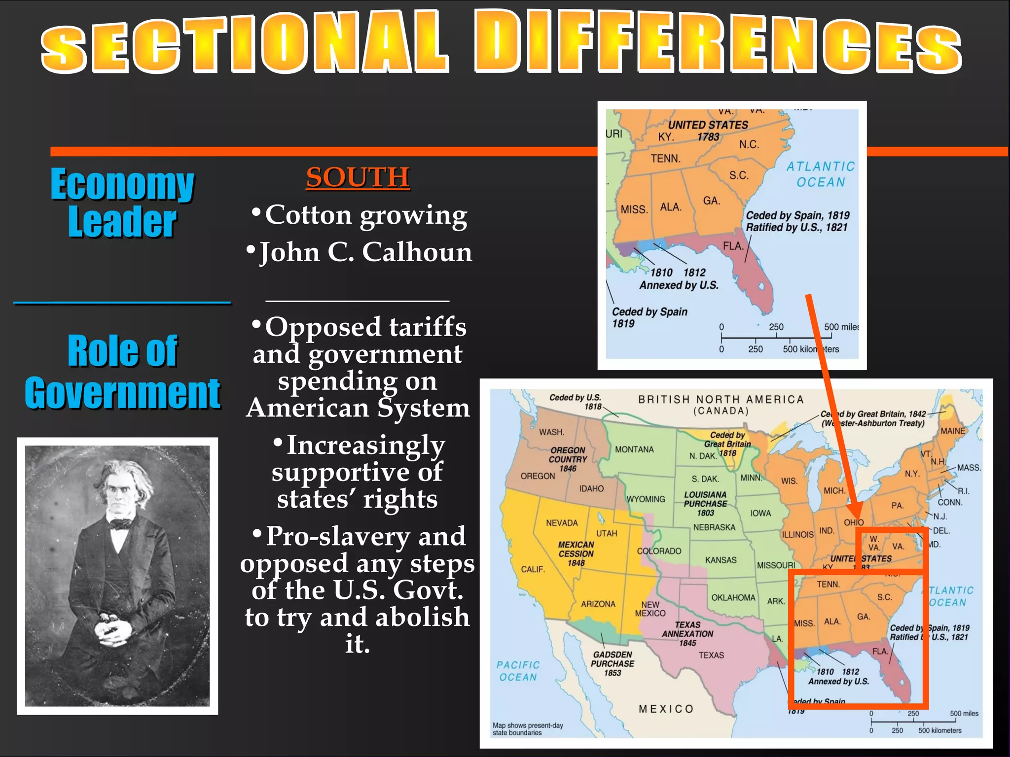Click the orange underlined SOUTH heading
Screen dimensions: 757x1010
click(x=358, y=177)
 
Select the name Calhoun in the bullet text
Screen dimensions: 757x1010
click(x=417, y=252)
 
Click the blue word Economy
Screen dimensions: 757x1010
click(x=122, y=184)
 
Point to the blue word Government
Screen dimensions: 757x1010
click(x=122, y=393)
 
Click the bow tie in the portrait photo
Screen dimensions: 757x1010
click(x=118, y=523)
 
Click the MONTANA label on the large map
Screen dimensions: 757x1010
click(x=634, y=449)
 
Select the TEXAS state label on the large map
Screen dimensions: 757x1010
click(x=711, y=655)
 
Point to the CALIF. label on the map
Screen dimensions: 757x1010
click(x=533, y=569)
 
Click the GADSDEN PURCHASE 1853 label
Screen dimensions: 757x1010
click(x=613, y=663)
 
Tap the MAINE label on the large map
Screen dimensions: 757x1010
click(x=953, y=431)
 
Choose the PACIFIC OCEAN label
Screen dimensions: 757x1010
click(x=518, y=671)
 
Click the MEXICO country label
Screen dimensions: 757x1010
click(x=666, y=709)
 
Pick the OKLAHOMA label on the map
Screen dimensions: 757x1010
click(x=733, y=597)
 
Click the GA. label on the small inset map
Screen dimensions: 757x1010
click(x=711, y=201)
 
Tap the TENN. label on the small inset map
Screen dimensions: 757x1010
click(x=665, y=158)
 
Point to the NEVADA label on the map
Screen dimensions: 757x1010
click(x=561, y=523)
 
